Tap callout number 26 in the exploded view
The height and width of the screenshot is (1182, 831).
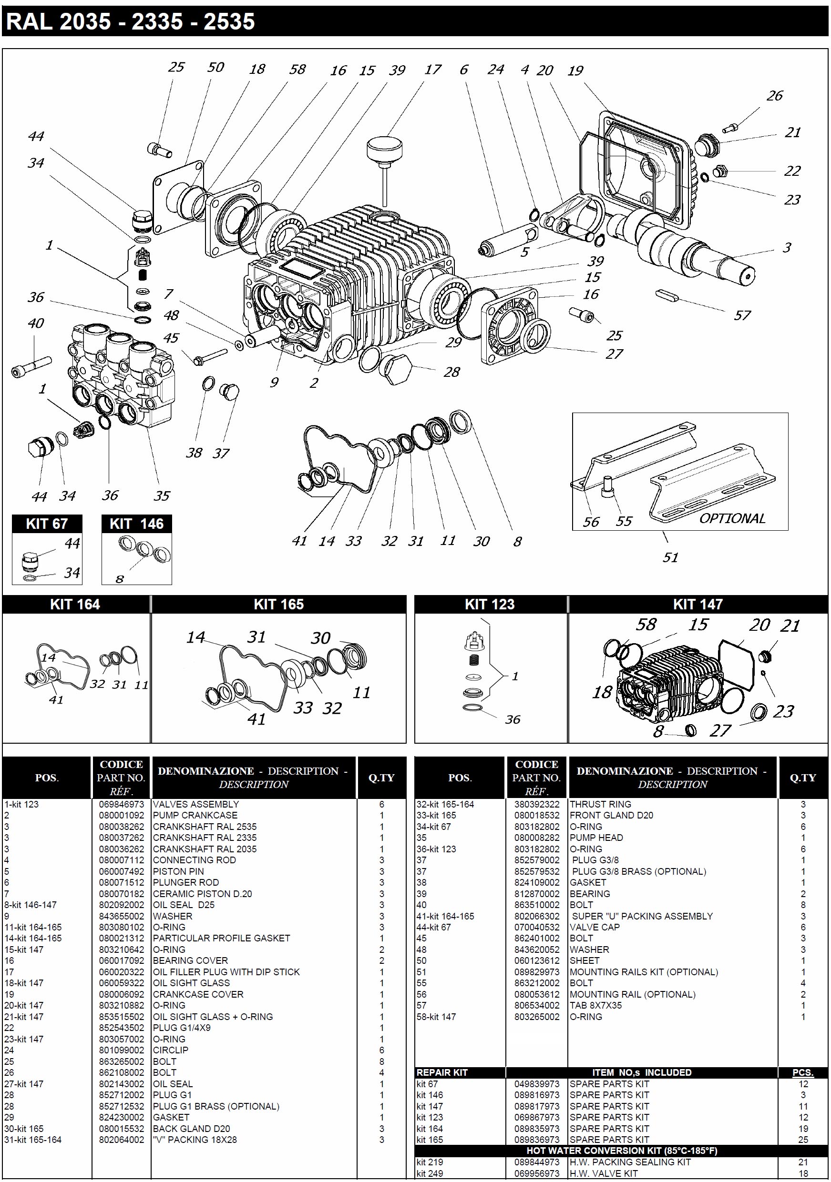click(x=774, y=96)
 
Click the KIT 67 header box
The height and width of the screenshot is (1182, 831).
click(x=47, y=524)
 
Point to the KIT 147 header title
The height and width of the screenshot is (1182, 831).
click(x=698, y=605)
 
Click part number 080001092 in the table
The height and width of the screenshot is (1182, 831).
click(x=122, y=816)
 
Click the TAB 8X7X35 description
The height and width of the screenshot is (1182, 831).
click(x=595, y=1005)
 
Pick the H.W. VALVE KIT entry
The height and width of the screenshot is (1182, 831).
click(x=603, y=1173)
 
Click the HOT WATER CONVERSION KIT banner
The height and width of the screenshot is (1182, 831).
click(x=621, y=1151)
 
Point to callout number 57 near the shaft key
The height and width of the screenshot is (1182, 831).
click(x=742, y=315)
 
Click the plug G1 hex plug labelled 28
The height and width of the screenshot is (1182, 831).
click(x=396, y=369)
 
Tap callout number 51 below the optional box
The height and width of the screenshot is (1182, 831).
click(x=670, y=557)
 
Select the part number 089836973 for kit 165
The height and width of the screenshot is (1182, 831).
click(x=536, y=1140)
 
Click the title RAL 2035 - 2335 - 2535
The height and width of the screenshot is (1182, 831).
click(x=130, y=22)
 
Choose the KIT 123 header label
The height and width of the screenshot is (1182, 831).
click(x=490, y=605)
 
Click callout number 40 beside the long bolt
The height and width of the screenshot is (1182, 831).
click(x=36, y=323)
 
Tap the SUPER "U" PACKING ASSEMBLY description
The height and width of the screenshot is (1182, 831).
click(x=642, y=916)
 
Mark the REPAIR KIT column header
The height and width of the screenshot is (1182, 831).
click(x=441, y=1072)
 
